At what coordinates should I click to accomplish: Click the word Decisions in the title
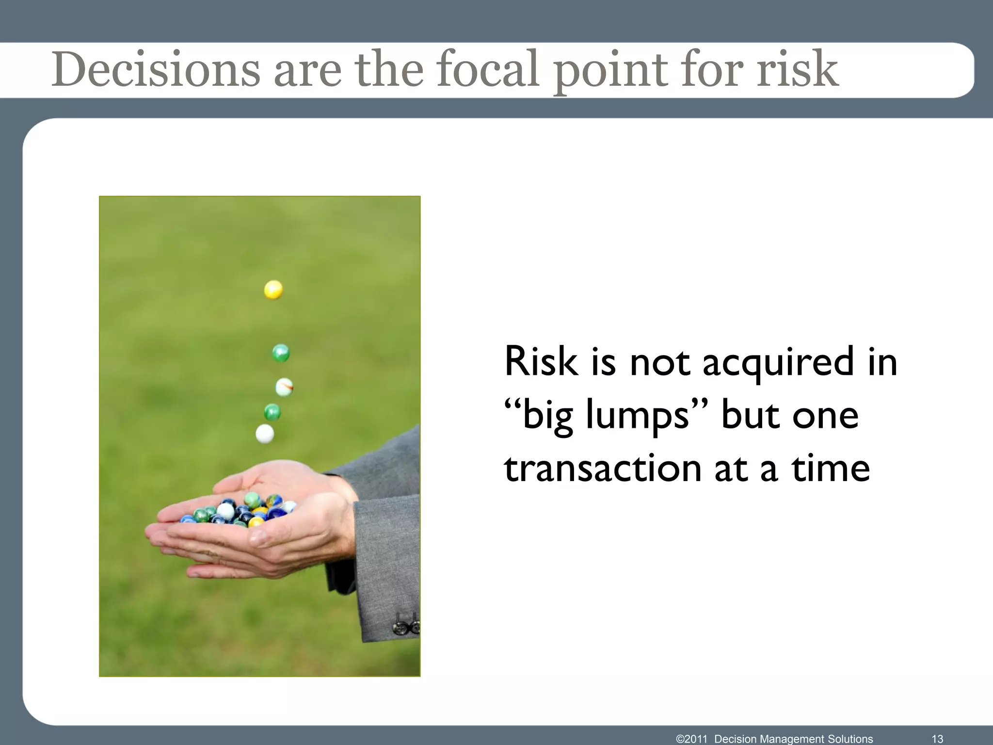156,71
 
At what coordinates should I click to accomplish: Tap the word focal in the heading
487,71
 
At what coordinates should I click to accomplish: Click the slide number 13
937,739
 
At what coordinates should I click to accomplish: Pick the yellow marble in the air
273,290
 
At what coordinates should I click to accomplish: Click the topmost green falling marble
281,353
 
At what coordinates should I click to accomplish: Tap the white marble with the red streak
284,387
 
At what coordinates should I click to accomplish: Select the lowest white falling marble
264,434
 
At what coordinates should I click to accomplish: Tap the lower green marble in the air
272,412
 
